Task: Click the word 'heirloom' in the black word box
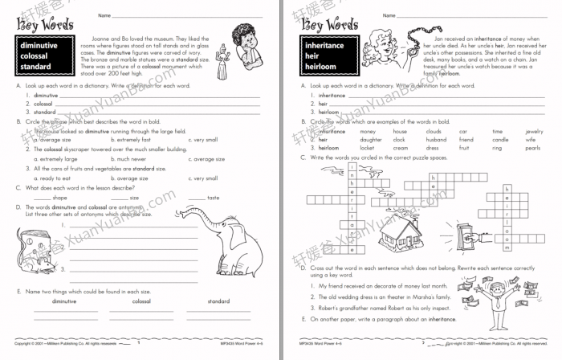click(x=323, y=67)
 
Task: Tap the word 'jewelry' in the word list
click(x=533, y=130)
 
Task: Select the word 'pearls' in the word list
click(x=532, y=147)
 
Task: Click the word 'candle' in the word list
click(x=499, y=139)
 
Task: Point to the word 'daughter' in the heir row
click(x=370, y=139)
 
